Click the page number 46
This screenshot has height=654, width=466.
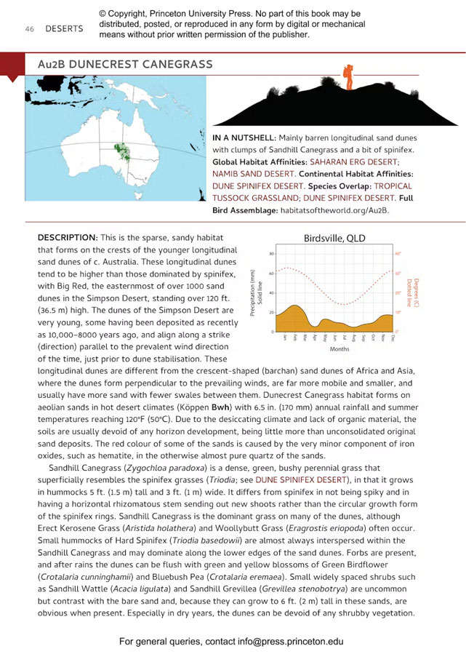pos(30,29)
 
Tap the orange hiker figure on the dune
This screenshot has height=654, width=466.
pos(348,76)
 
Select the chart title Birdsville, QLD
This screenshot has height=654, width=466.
pos(334,238)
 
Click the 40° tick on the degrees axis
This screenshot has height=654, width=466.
pos(398,254)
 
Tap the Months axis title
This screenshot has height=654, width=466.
pos(340,349)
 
